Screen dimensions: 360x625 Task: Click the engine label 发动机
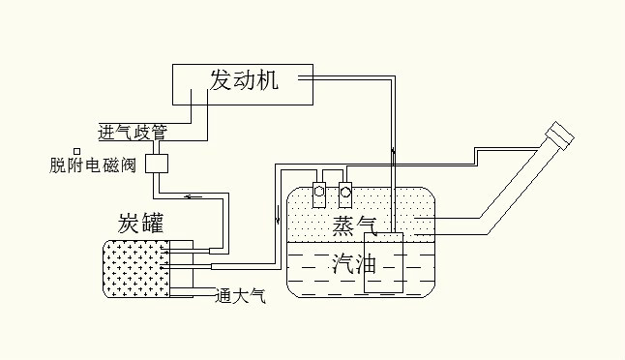[x=244, y=80]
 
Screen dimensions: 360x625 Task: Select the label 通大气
[x=240, y=296]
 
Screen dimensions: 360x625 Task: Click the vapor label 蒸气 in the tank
[x=354, y=225]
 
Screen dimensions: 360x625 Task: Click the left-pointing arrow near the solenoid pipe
[x=193, y=197]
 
